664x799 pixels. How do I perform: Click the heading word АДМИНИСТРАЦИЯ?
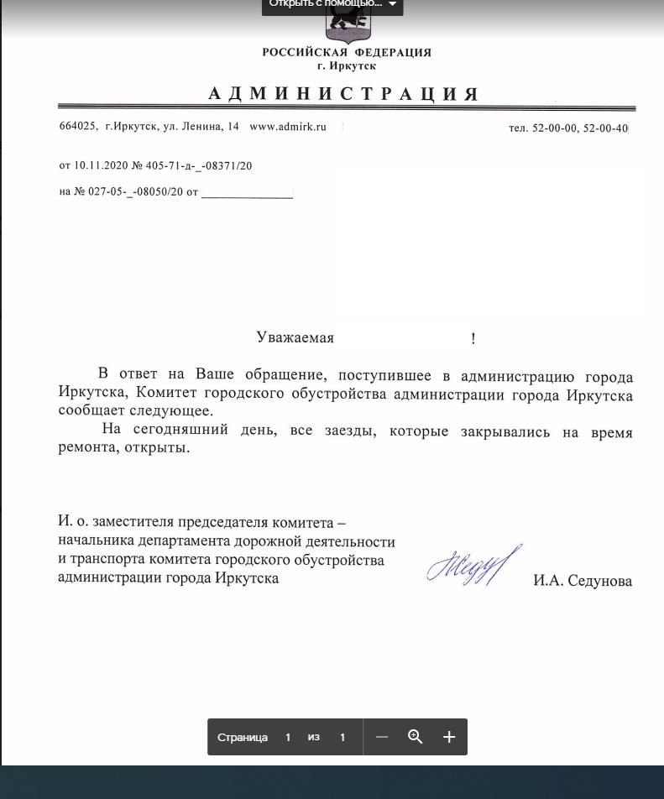click(x=343, y=94)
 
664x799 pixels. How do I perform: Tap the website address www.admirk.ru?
click(x=288, y=127)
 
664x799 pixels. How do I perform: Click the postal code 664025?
click(x=77, y=127)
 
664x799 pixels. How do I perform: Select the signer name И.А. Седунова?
click(x=583, y=581)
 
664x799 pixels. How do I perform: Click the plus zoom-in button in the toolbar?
click(x=449, y=737)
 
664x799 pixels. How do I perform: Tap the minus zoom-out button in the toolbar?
click(x=382, y=737)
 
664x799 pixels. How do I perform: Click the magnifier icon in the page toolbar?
click(x=415, y=737)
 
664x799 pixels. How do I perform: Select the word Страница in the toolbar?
click(x=243, y=738)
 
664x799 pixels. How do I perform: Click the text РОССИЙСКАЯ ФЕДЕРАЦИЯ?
click(x=347, y=52)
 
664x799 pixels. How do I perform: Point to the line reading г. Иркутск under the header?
click(x=347, y=65)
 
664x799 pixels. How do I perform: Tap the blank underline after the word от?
click(x=247, y=193)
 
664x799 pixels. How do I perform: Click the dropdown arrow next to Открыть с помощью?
click(x=392, y=4)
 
